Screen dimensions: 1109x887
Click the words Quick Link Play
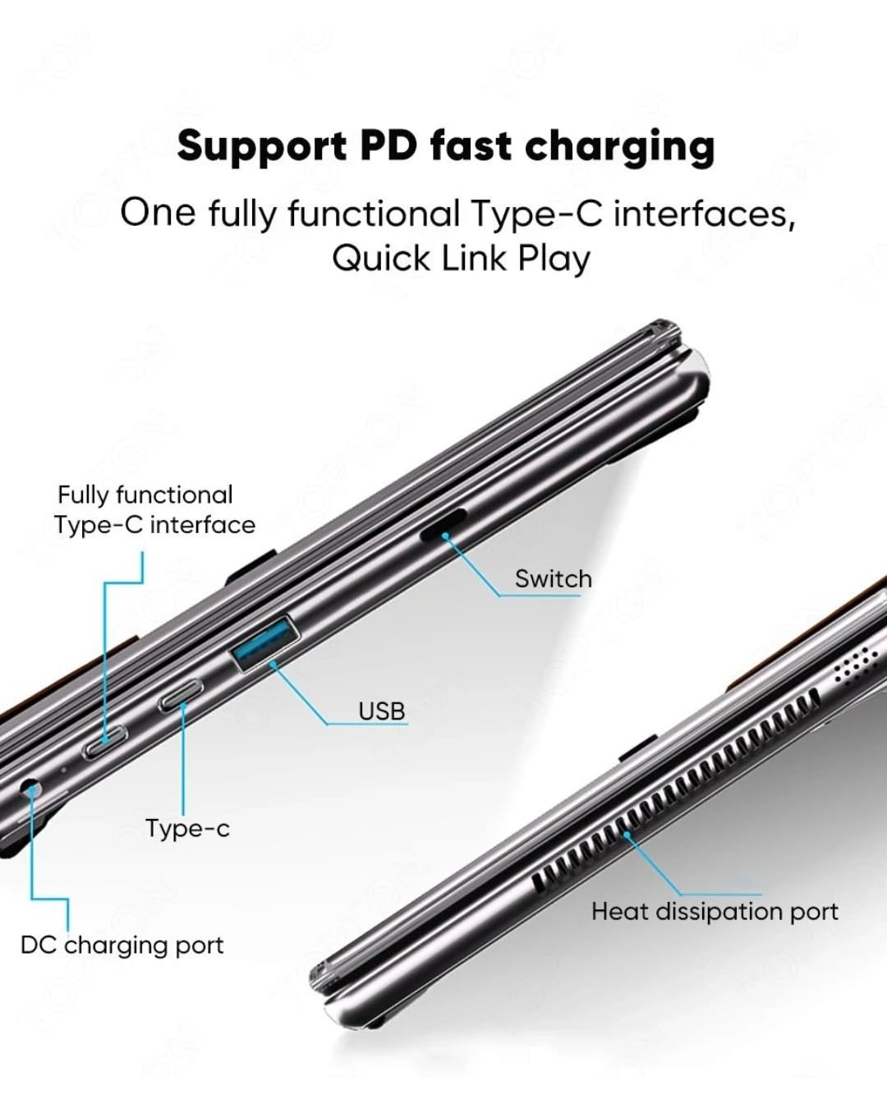click(461, 258)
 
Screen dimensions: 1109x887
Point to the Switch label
click(553, 578)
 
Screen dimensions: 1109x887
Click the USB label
click(382, 711)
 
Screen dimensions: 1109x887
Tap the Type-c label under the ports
click(187, 828)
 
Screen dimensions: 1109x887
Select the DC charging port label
click(122, 945)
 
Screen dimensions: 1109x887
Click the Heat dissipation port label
click(715, 911)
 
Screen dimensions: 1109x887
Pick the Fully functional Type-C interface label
click(154, 509)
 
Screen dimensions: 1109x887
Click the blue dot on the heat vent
click(627, 835)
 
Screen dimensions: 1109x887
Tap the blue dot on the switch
click(445, 536)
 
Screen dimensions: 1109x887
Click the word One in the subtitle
click(158, 214)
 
